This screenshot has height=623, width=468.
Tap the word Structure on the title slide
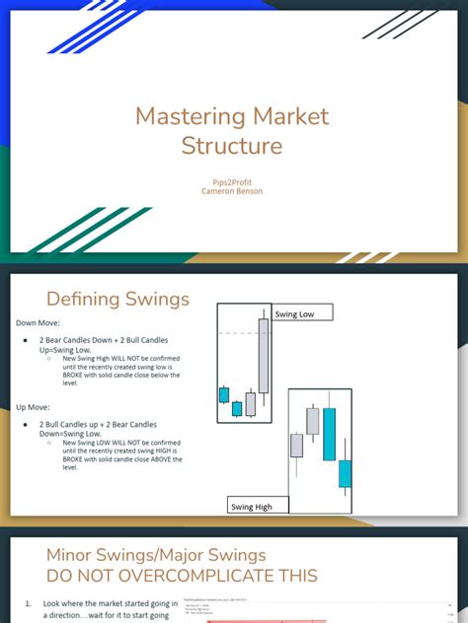click(232, 146)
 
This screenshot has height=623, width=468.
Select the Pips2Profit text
click(232, 182)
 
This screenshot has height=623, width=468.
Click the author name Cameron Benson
click(232, 191)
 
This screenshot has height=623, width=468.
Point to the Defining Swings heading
click(117, 299)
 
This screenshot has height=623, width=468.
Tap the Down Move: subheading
click(37, 322)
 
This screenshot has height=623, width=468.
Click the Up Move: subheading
click(33, 405)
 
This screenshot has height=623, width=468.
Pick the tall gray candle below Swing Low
click(263, 355)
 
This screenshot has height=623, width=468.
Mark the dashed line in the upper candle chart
click(242, 333)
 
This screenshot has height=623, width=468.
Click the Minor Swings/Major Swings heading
click(156, 555)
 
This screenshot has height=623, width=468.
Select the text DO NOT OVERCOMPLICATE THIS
click(182, 576)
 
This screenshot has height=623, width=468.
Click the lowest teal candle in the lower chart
click(345, 473)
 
